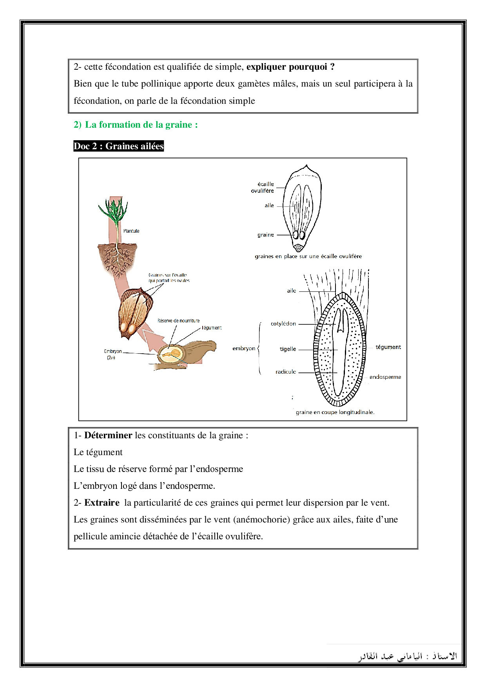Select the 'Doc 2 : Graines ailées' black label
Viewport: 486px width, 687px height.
pyautogui.click(x=118, y=146)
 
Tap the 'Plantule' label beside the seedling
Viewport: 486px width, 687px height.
pyautogui.click(x=131, y=231)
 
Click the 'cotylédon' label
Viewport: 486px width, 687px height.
pyautogui.click(x=283, y=324)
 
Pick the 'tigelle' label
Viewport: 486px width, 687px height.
pyautogui.click(x=288, y=349)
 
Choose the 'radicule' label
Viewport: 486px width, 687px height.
pyautogui.click(x=285, y=372)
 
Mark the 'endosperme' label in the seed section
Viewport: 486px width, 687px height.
pyautogui.click(x=385, y=377)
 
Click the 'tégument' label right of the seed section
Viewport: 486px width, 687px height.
pyautogui.click(x=388, y=347)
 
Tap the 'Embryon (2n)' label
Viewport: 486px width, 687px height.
pyautogui.click(x=112, y=354)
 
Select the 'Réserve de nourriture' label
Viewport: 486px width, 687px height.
pyautogui.click(x=178, y=321)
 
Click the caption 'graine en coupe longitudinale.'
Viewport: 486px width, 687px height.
pyautogui.click(x=335, y=412)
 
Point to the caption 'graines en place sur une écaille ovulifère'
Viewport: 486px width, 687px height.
pyautogui.click(x=308, y=257)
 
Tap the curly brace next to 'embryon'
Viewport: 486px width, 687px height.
pyautogui.click(x=259, y=348)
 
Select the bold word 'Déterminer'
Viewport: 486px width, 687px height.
pyautogui.click(x=108, y=436)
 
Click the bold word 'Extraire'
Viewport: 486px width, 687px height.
pyautogui.click(x=102, y=503)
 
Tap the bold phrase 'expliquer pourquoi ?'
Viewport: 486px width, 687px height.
pyautogui.click(x=290, y=67)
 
